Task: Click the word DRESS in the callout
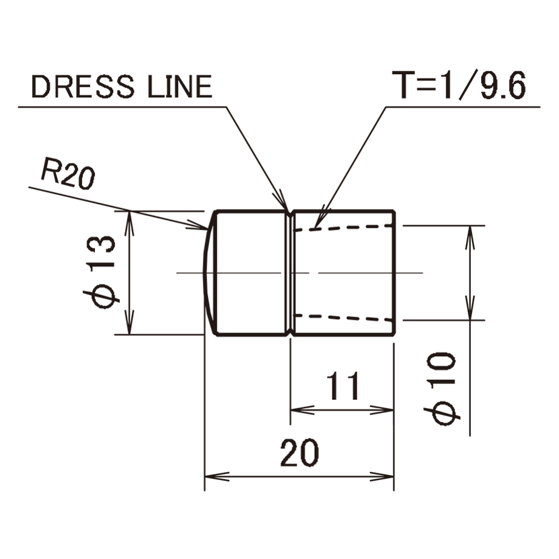pyautogui.click(x=83, y=87)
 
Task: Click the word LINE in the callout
pyautogui.click(x=180, y=87)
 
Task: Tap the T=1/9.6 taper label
pyautogui.click(x=459, y=85)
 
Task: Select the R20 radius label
pyautogui.click(x=67, y=174)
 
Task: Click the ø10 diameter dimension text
pyautogui.click(x=442, y=389)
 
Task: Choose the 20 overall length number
pyautogui.click(x=300, y=453)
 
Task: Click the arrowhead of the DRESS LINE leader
pyautogui.click(x=282, y=202)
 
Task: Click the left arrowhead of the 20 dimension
pyautogui.click(x=217, y=476)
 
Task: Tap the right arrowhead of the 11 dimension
pyautogui.click(x=382, y=410)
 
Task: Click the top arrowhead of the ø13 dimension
pyautogui.click(x=130, y=222)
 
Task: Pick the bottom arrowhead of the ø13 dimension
pyautogui.click(x=130, y=323)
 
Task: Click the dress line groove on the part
pyautogui.click(x=289, y=273)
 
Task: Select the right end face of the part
pyautogui.click(x=394, y=273)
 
